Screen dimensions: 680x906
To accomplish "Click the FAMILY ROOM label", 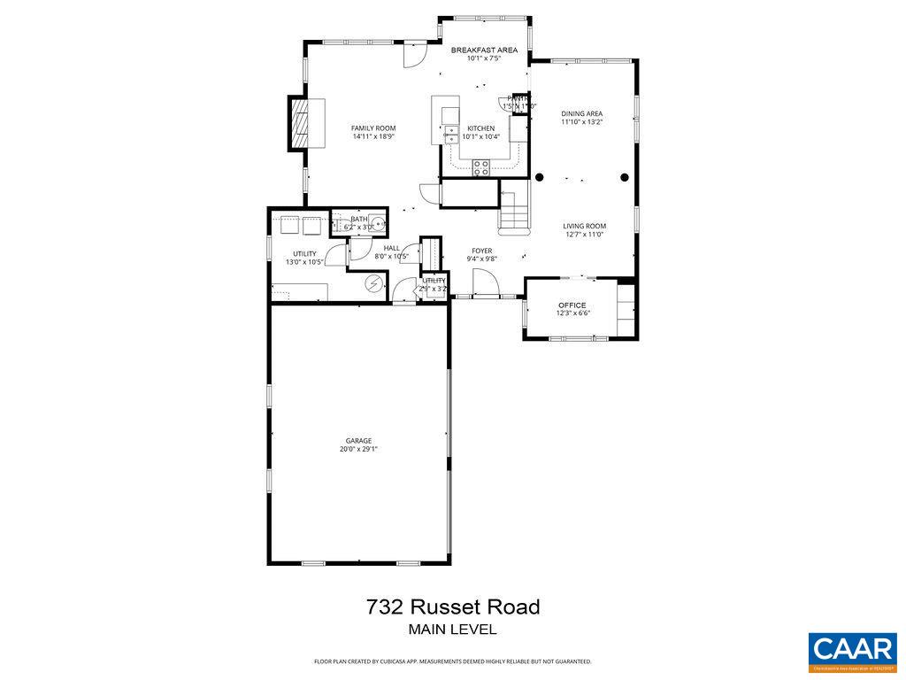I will pyautogui.click(x=373, y=128).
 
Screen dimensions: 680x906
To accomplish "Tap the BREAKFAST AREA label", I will pyautogui.click(x=484, y=50).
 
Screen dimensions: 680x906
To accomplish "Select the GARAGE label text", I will pyautogui.click(x=358, y=441).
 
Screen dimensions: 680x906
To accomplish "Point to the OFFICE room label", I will pyautogui.click(x=572, y=305).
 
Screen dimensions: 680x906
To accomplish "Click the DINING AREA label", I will pyautogui.click(x=581, y=114).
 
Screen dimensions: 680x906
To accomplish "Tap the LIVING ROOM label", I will pyautogui.click(x=584, y=227).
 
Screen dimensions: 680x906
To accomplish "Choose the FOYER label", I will pyautogui.click(x=481, y=251).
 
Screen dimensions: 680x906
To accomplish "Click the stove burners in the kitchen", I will pyautogui.click(x=481, y=166).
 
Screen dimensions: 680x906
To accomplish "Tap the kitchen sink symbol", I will pyautogui.click(x=449, y=134).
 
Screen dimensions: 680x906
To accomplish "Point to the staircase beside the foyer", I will pyautogui.click(x=514, y=207).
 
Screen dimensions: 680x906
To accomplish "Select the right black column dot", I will pyautogui.click(x=625, y=177).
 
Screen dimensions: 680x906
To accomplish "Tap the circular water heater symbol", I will pyautogui.click(x=374, y=283).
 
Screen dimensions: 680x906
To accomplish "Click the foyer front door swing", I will pyautogui.click(x=484, y=283).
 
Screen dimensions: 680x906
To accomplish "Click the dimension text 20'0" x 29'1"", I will pyautogui.click(x=358, y=450).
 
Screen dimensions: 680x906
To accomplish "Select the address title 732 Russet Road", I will pyautogui.click(x=452, y=607).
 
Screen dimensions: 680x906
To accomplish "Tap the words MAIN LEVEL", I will pyautogui.click(x=452, y=630).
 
